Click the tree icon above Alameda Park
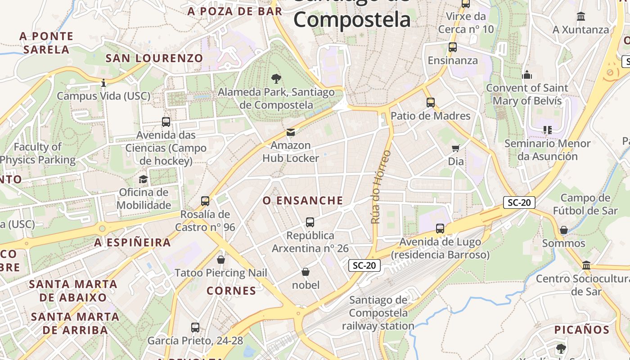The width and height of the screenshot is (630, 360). pyautogui.click(x=276, y=79)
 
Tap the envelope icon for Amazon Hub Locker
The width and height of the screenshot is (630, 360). pyautogui.click(x=291, y=132)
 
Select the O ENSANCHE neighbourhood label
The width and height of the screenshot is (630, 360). pyautogui.click(x=303, y=201)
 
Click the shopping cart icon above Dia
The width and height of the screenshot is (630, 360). pyautogui.click(x=456, y=148)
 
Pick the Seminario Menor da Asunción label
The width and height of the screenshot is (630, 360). pyautogui.click(x=547, y=150)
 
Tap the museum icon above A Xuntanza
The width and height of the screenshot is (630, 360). pyautogui.click(x=581, y=17)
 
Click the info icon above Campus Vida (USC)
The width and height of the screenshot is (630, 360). pyautogui.click(x=103, y=83)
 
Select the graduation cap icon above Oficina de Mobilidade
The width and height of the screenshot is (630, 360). pyautogui.click(x=143, y=179)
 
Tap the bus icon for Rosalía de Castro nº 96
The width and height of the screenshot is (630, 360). pyautogui.click(x=205, y=201)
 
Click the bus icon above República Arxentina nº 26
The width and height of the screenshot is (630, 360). pyautogui.click(x=310, y=222)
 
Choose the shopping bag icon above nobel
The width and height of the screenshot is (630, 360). pyautogui.click(x=306, y=272)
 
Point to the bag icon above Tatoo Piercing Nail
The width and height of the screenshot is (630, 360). pyautogui.click(x=221, y=260)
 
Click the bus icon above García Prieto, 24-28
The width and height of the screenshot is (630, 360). pyautogui.click(x=195, y=328)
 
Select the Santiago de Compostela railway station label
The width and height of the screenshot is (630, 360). pyautogui.click(x=378, y=313)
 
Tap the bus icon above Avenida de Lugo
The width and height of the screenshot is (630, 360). pyautogui.click(x=440, y=229)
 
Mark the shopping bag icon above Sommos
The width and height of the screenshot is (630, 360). pyautogui.click(x=563, y=230)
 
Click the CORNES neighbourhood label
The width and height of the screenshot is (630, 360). pyautogui.click(x=231, y=291)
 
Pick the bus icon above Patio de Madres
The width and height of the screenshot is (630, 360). pyautogui.click(x=431, y=103)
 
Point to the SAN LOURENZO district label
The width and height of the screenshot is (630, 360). pyautogui.click(x=154, y=58)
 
